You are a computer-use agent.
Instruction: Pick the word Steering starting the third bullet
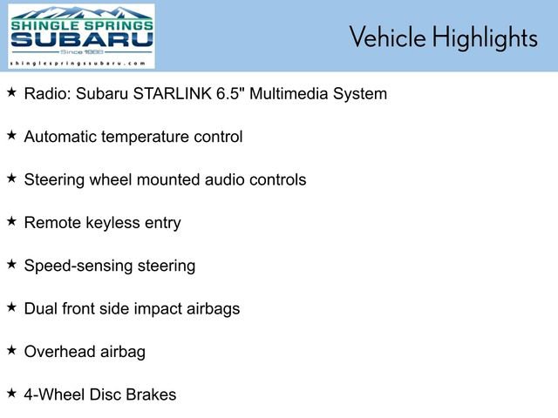tap(54, 179)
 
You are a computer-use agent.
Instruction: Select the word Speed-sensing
tap(78, 266)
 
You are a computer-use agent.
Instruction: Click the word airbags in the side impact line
tap(213, 308)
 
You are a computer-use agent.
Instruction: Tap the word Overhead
tap(60, 352)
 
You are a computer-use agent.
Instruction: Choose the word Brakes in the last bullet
tap(153, 394)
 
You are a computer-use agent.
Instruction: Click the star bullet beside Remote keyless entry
tap(11, 222)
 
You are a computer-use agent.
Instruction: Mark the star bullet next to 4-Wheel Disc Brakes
tap(11, 394)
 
